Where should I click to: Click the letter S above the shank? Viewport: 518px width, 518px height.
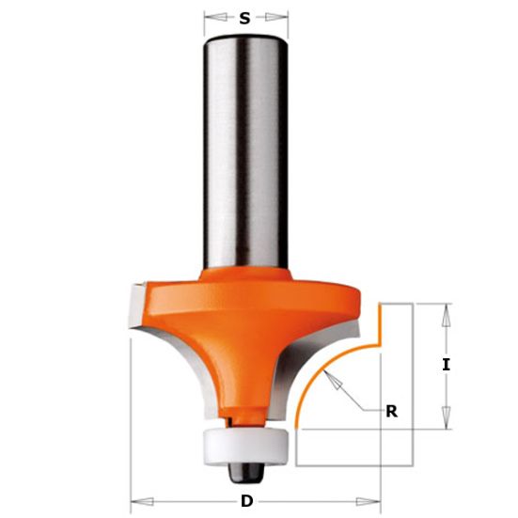tap(244, 19)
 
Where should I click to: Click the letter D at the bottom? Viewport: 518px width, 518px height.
tap(246, 501)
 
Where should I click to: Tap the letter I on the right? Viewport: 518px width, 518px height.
tap(446, 366)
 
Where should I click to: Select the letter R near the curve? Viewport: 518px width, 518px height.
tap(392, 412)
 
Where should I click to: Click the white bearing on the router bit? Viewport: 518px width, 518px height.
tap(245, 447)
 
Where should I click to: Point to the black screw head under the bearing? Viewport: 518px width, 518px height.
tap(245, 474)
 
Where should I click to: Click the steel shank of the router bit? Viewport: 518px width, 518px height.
tap(245, 152)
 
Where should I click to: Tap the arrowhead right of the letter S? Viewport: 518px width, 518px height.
tap(276, 17)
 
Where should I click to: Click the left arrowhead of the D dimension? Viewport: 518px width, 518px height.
tap(142, 502)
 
